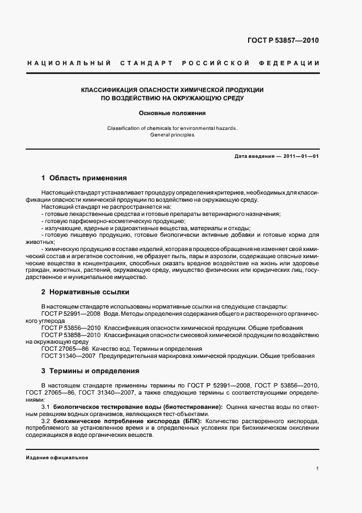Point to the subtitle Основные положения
coord(173,113)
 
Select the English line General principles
coord(173,135)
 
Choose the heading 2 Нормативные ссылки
coord(85,292)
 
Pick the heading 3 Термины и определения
coord(90,371)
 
